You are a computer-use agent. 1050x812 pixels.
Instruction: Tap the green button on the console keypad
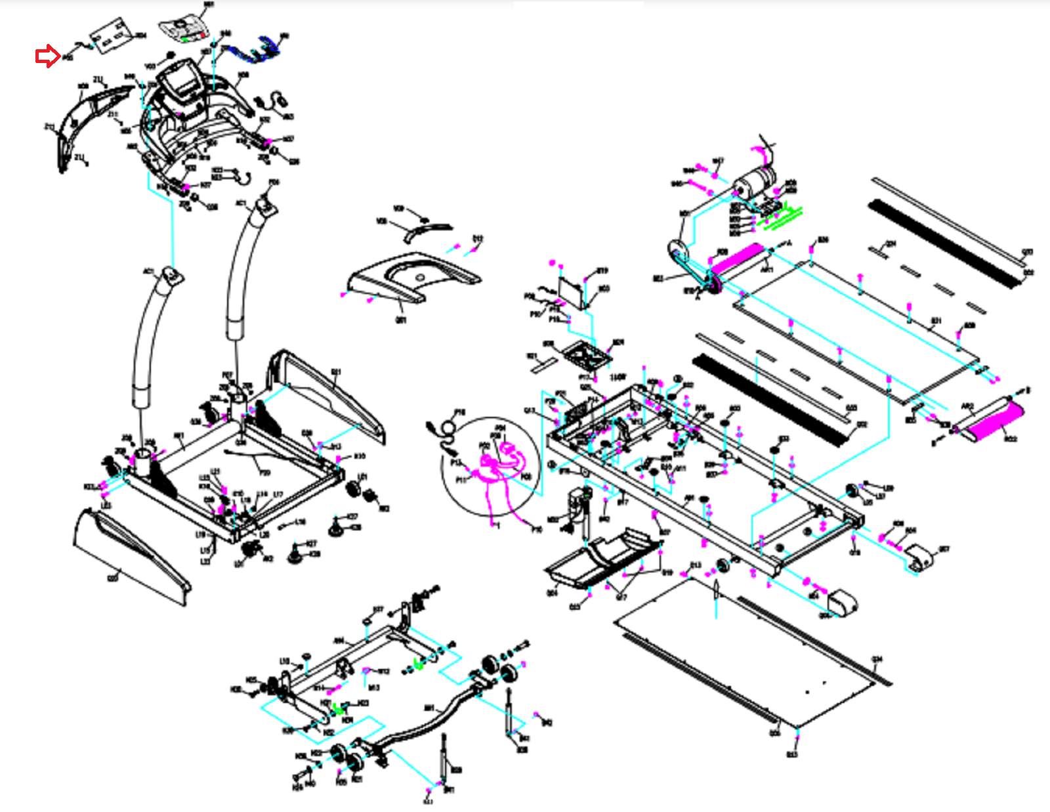click(186, 39)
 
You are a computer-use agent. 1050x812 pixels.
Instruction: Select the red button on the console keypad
click(203, 35)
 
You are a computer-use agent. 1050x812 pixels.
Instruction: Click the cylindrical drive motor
click(755, 181)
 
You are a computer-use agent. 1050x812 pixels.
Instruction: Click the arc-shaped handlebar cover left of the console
click(92, 121)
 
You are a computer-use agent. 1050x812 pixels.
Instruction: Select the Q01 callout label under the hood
click(400, 320)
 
